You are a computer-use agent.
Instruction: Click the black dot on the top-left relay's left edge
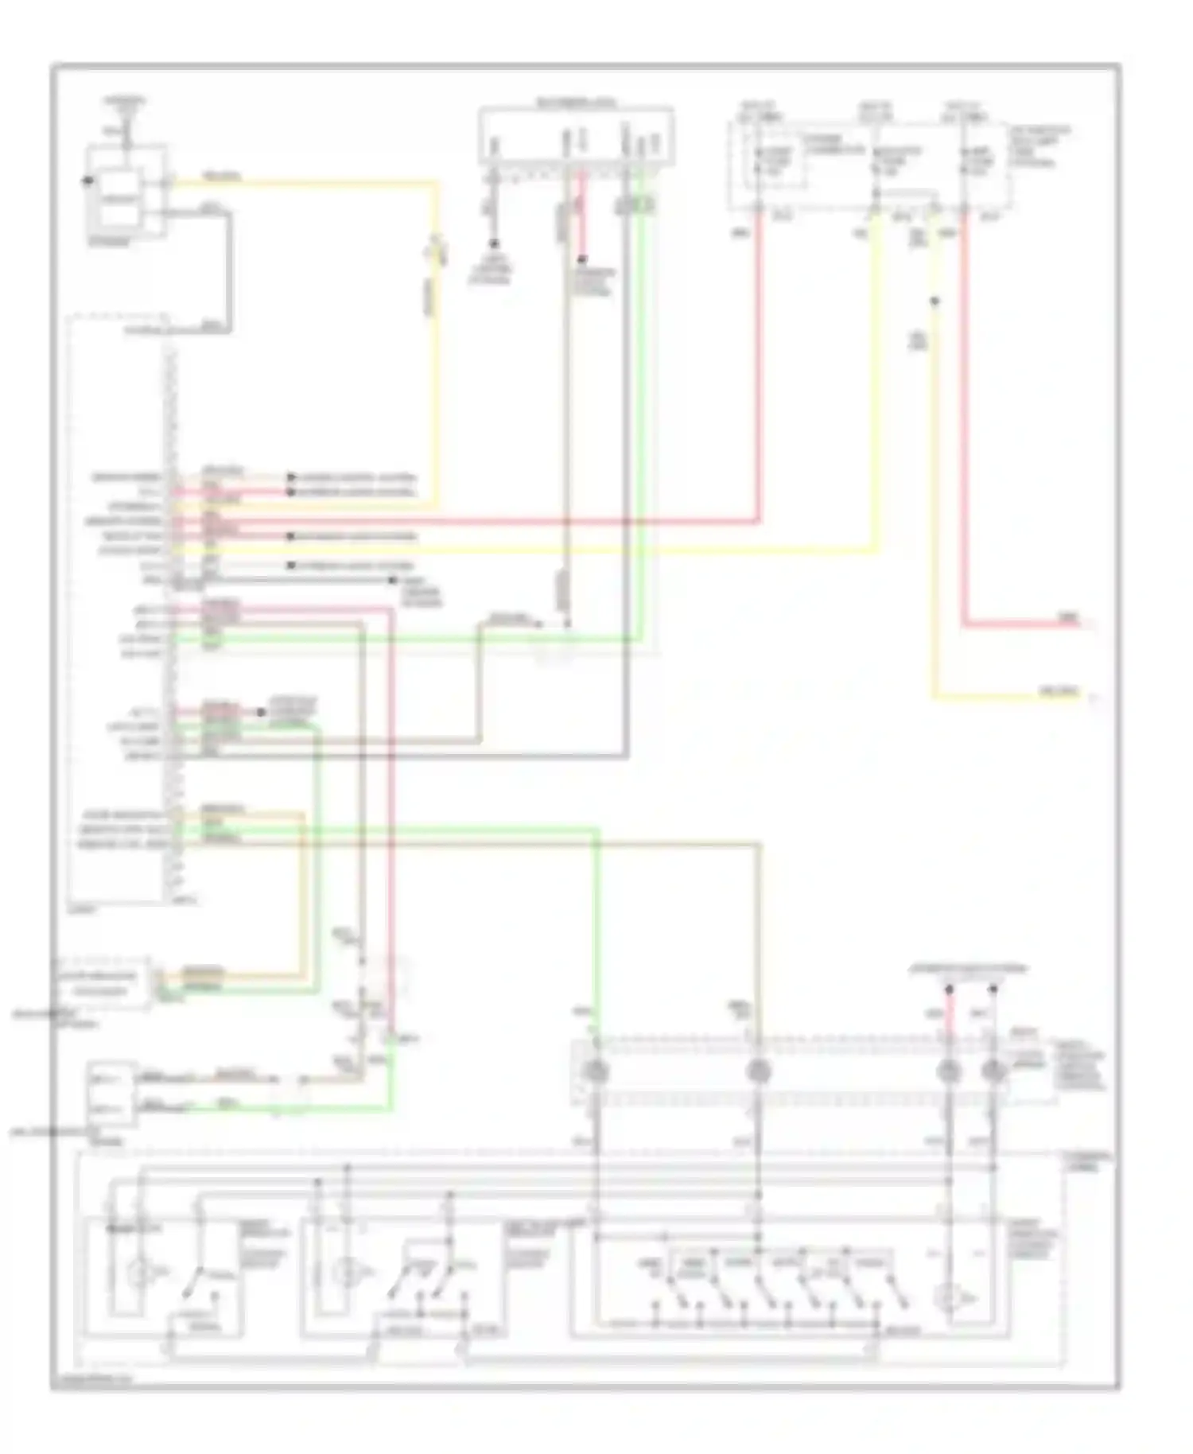coord(87,181)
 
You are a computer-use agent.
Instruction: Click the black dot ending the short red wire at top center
coord(582,261)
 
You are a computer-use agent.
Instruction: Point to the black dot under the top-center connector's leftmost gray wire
coord(493,243)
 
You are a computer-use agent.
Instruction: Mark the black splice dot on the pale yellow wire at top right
coord(935,301)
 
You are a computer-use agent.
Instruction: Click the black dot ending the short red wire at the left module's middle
coord(261,713)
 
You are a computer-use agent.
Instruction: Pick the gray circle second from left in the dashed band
coord(759,1072)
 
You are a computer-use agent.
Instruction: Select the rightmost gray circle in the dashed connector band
coord(992,1072)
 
